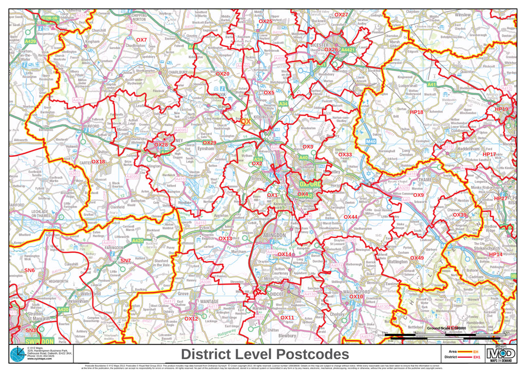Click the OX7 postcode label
pos(141,40)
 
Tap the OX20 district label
pos(222,73)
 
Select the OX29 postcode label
pos(209,142)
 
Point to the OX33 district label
pos(345,154)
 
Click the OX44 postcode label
pos(350,217)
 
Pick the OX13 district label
pos(226,238)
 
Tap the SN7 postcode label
pos(125,261)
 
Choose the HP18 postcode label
pos(416,111)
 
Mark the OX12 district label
pos(191,319)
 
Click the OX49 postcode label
pos(417,257)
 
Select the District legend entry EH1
pos(477,357)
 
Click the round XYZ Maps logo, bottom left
pos(17,355)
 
